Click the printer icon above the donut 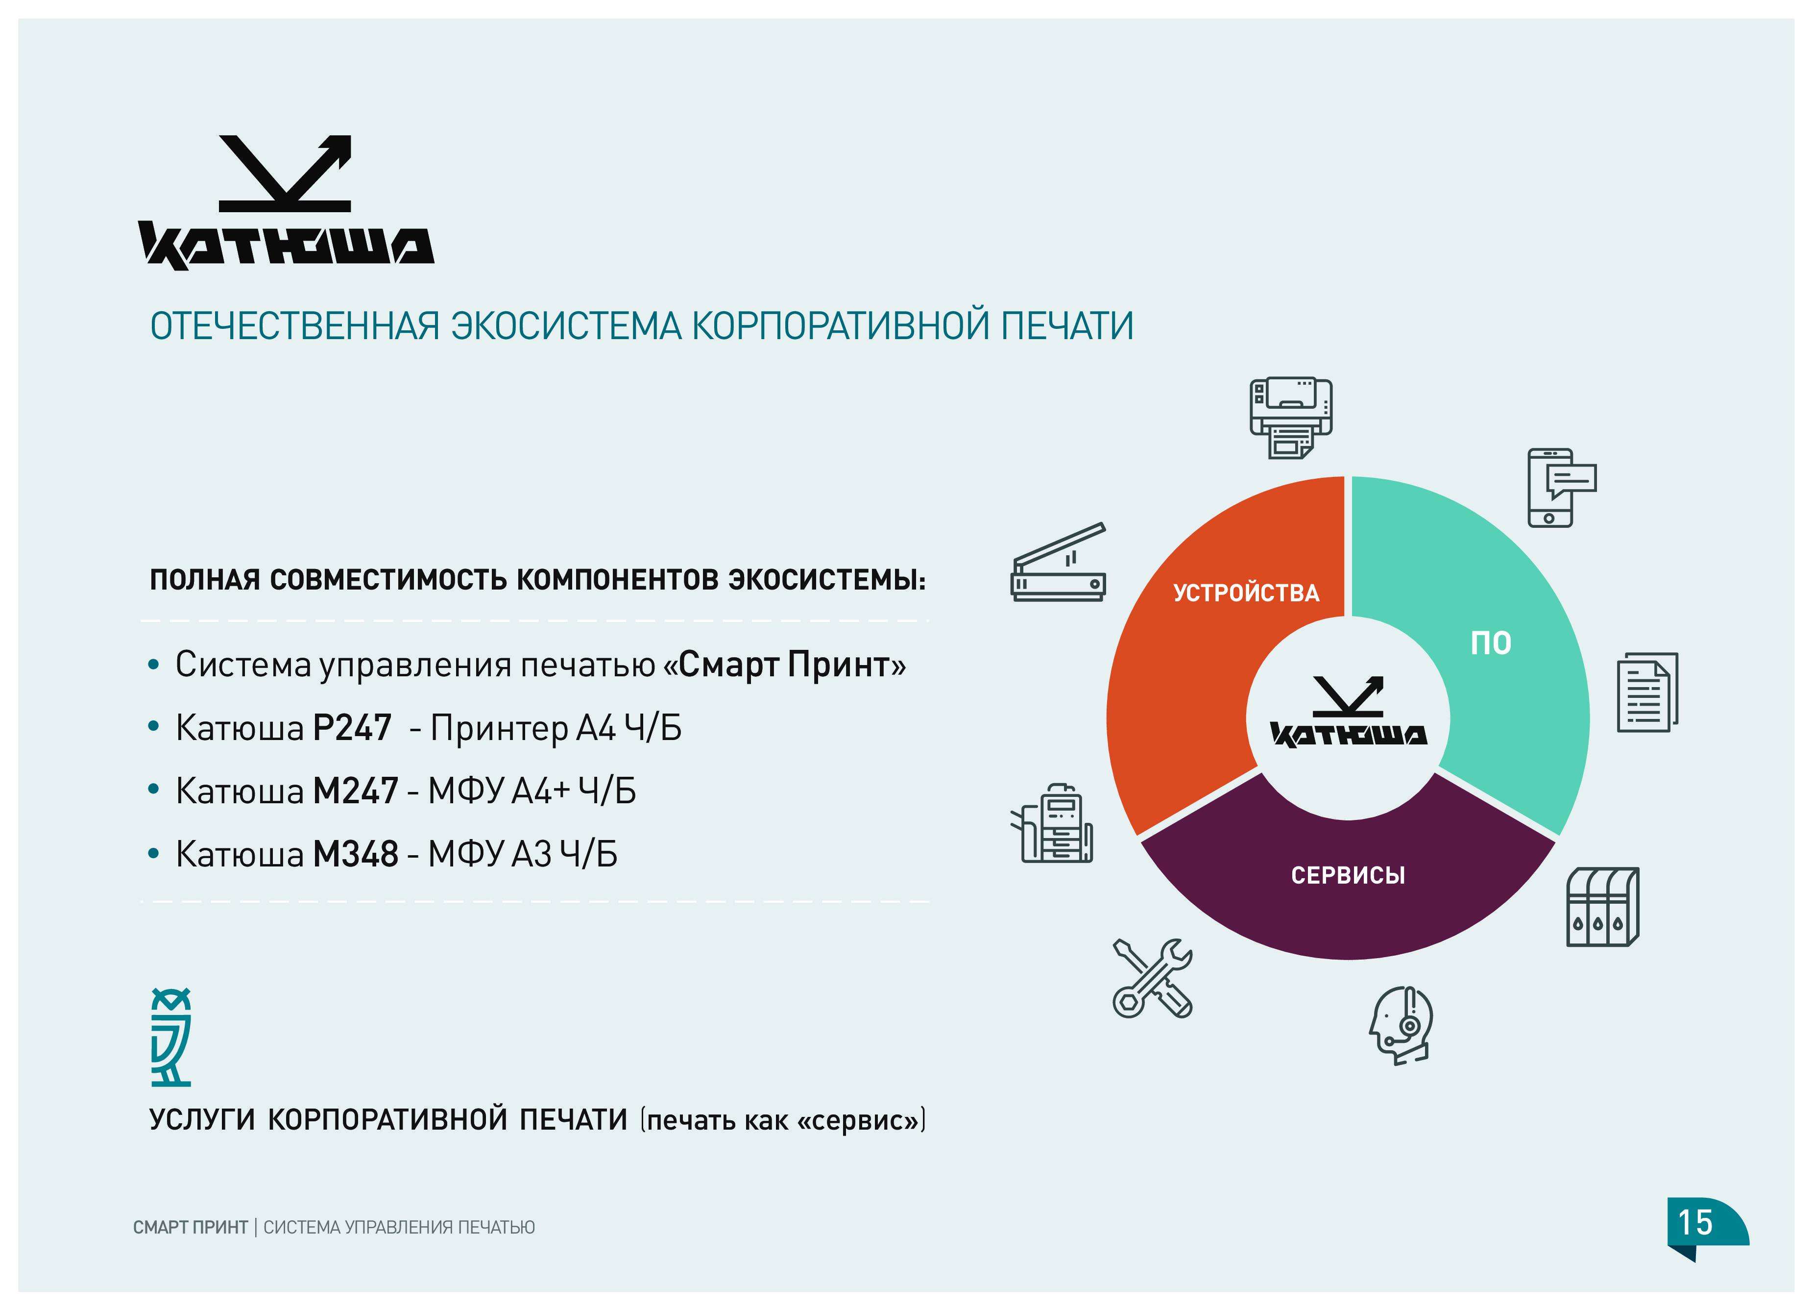(1291, 418)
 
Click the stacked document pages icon (1647, 692)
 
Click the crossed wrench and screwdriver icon (1152, 977)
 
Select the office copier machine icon (1052, 823)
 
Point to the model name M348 (355, 854)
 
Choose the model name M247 (355, 791)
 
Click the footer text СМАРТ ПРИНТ (190, 1227)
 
